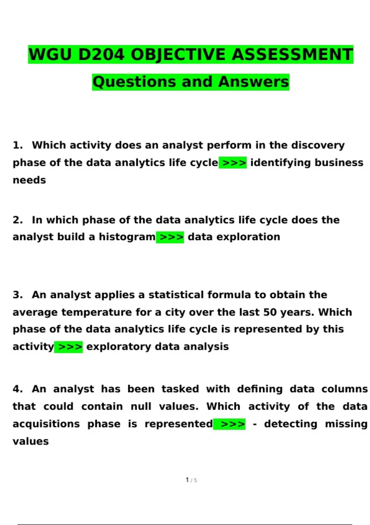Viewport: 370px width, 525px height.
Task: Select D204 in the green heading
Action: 101,55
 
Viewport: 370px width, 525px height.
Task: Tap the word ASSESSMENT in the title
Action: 292,55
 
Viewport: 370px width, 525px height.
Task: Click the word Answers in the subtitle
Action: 253,82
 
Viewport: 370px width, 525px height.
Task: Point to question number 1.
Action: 18,145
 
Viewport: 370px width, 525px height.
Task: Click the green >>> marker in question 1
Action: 233,163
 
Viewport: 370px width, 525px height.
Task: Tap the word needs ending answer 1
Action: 29,180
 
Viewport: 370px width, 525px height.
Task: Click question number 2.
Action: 18,220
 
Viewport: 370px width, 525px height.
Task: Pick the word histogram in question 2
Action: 127,237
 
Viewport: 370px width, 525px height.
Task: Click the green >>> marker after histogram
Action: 170,237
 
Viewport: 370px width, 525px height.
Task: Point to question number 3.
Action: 18,295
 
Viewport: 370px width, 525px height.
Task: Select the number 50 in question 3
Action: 270,312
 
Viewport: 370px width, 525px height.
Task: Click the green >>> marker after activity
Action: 68,347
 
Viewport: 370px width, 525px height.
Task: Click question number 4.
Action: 18,389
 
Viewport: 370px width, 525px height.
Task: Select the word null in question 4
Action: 141,406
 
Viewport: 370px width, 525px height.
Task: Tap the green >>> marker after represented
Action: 230,424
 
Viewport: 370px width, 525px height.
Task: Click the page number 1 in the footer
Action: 187,480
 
